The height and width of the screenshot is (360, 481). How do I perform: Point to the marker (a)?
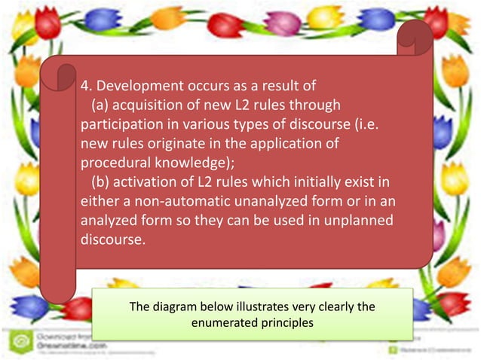click(102, 103)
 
